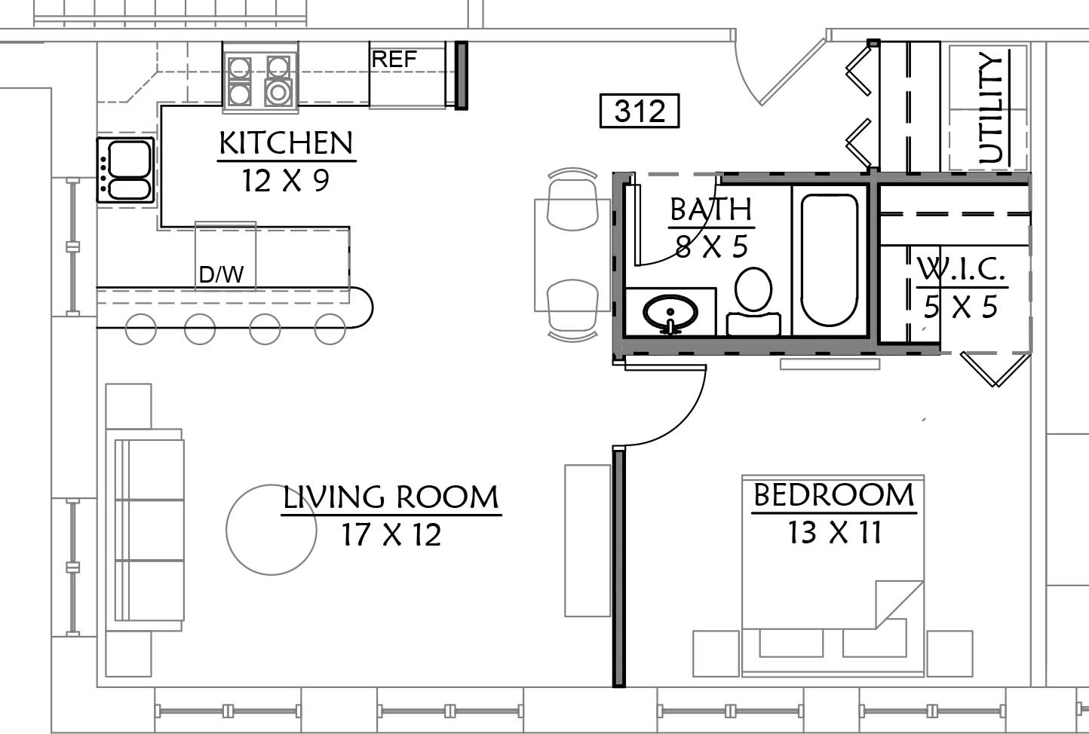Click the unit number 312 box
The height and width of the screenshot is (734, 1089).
click(x=640, y=111)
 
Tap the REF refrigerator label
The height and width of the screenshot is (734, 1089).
click(x=394, y=60)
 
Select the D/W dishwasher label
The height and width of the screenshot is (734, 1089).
click(x=221, y=274)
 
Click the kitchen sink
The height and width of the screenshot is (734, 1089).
click(x=126, y=170)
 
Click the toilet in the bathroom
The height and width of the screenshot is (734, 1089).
click(x=753, y=301)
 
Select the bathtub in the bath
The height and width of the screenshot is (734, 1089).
click(x=829, y=260)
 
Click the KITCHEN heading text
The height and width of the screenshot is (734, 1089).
click(x=286, y=143)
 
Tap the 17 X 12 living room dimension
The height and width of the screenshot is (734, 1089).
click(x=391, y=534)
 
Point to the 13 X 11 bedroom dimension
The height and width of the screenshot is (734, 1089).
click(x=834, y=532)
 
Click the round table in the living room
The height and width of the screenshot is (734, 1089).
click(x=271, y=530)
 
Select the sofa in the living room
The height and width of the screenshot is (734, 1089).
click(x=144, y=530)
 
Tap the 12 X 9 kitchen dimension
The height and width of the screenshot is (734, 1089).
click(x=286, y=180)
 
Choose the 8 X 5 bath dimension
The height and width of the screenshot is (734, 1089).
click(x=712, y=246)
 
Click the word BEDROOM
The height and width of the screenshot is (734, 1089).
click(x=834, y=495)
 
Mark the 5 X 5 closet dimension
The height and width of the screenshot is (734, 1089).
click(x=961, y=307)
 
